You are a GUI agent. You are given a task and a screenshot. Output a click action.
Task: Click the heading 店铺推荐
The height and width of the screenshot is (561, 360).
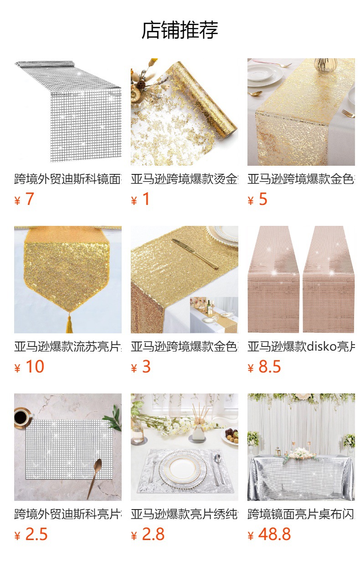click(x=180, y=31)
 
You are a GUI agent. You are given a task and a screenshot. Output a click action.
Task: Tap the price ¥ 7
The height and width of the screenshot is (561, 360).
click(x=24, y=199)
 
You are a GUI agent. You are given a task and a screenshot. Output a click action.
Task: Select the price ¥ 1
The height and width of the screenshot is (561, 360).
click(x=140, y=199)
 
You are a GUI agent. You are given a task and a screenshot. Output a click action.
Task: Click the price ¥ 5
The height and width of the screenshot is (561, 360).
click(x=257, y=199)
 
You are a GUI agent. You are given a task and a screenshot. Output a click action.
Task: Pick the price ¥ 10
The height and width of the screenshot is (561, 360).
click(x=29, y=367)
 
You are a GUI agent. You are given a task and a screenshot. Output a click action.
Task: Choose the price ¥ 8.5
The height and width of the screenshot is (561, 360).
click(x=264, y=367)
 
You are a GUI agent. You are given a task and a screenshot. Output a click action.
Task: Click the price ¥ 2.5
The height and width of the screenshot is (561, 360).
click(x=31, y=535)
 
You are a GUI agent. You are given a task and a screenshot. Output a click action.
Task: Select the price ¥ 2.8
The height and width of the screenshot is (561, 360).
click(x=148, y=535)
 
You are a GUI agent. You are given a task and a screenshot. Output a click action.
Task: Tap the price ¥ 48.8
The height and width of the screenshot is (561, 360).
click(x=269, y=535)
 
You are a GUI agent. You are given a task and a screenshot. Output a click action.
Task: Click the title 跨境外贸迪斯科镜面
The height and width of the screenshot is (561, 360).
click(x=67, y=179)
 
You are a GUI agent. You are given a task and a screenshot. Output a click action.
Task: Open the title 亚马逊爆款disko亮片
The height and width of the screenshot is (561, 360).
click(x=301, y=347)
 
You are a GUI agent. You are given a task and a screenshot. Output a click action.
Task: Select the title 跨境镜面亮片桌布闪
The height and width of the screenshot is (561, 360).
click(x=301, y=514)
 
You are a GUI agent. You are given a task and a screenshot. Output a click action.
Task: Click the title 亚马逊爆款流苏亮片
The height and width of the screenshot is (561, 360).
click(x=67, y=347)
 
